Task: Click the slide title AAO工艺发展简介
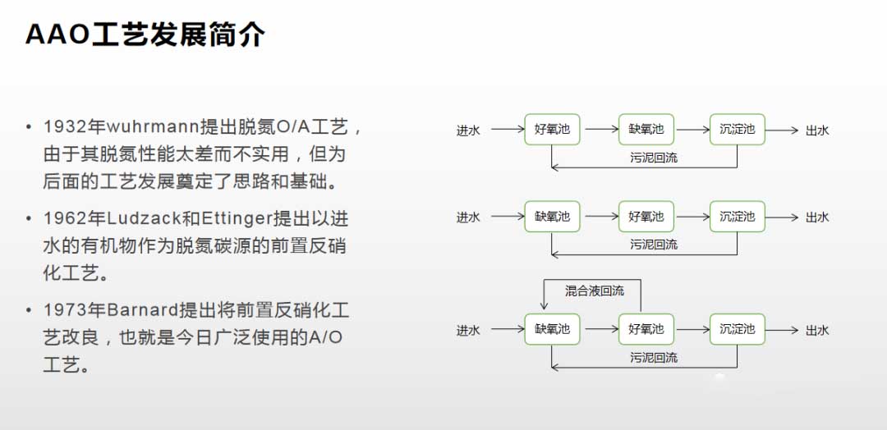(x=145, y=34)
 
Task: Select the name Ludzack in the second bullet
(x=146, y=219)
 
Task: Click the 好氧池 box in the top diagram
(x=552, y=130)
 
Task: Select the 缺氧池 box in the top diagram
(x=646, y=130)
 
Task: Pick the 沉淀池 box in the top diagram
(x=737, y=130)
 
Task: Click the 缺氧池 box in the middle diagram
(x=552, y=217)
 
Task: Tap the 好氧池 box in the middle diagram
(x=646, y=217)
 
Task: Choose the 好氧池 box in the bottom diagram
(x=646, y=330)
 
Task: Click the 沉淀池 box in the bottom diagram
(x=737, y=330)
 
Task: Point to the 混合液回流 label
(x=595, y=291)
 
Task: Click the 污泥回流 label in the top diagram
(x=654, y=158)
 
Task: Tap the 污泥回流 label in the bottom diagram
(x=654, y=358)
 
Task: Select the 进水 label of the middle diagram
(x=468, y=217)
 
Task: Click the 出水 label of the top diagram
(x=817, y=130)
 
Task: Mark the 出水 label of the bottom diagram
(x=817, y=331)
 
